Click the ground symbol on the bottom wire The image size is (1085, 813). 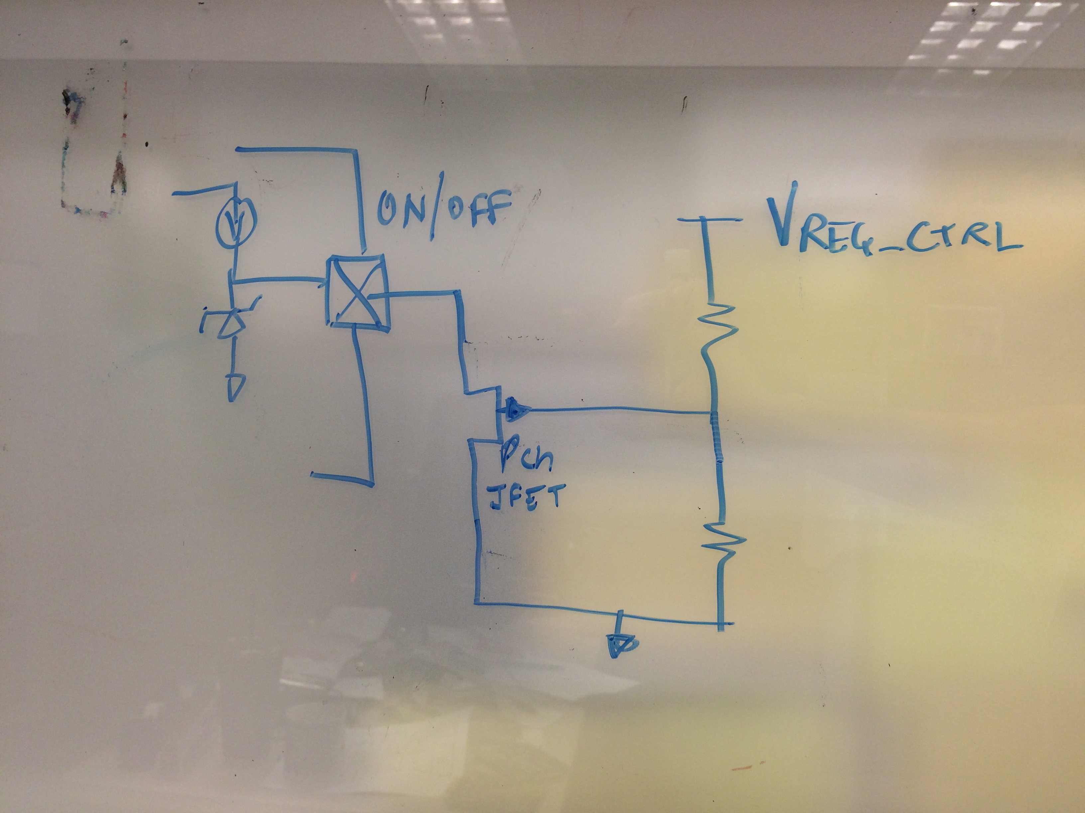click(x=622, y=645)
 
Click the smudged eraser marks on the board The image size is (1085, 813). click(x=93, y=157)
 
